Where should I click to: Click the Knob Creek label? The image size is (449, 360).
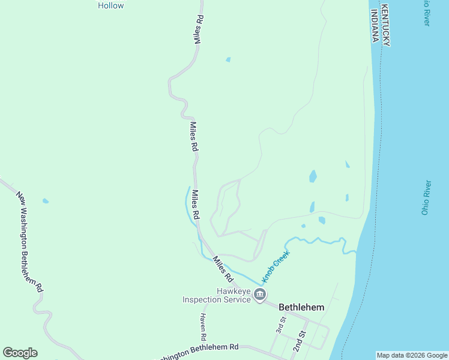276,266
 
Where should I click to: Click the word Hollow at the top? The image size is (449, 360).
110,5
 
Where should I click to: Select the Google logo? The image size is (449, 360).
20,353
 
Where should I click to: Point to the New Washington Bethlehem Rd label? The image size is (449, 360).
29,240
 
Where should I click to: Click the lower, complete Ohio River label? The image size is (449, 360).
426,197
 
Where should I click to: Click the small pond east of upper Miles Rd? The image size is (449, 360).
228,59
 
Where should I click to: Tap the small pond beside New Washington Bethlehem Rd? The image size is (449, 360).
46,201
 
